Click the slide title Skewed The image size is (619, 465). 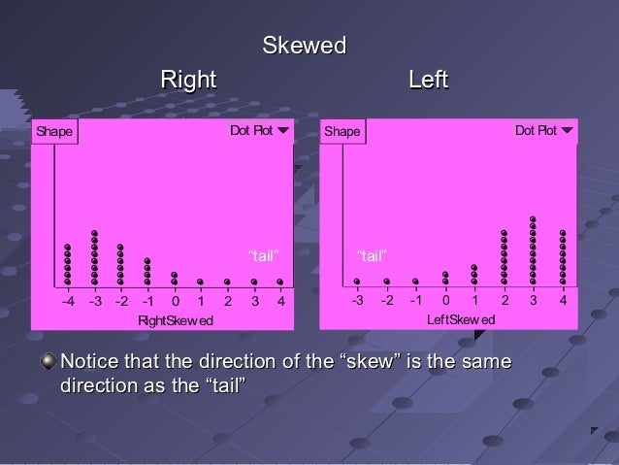coord(305,46)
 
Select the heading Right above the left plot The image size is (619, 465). coord(187,80)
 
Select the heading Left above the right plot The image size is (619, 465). coord(428,80)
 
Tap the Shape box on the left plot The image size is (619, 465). coord(53,131)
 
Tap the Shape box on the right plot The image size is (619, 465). coord(342,131)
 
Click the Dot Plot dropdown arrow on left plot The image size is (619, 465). coord(282,130)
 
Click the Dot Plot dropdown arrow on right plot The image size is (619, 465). coord(568,130)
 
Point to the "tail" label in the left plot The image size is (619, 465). coord(265,256)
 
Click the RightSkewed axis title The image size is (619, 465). coord(175,320)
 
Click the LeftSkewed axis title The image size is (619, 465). coord(462,319)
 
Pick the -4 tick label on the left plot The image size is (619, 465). coord(67,302)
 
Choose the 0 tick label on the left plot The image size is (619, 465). coord(175,302)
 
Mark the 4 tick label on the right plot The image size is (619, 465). coord(563,301)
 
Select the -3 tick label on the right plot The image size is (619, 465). coord(356,301)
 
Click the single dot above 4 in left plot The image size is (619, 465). coord(279,282)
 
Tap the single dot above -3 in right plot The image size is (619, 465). coord(357,282)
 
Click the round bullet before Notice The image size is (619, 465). coord(48,363)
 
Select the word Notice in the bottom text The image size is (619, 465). coord(90,363)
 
